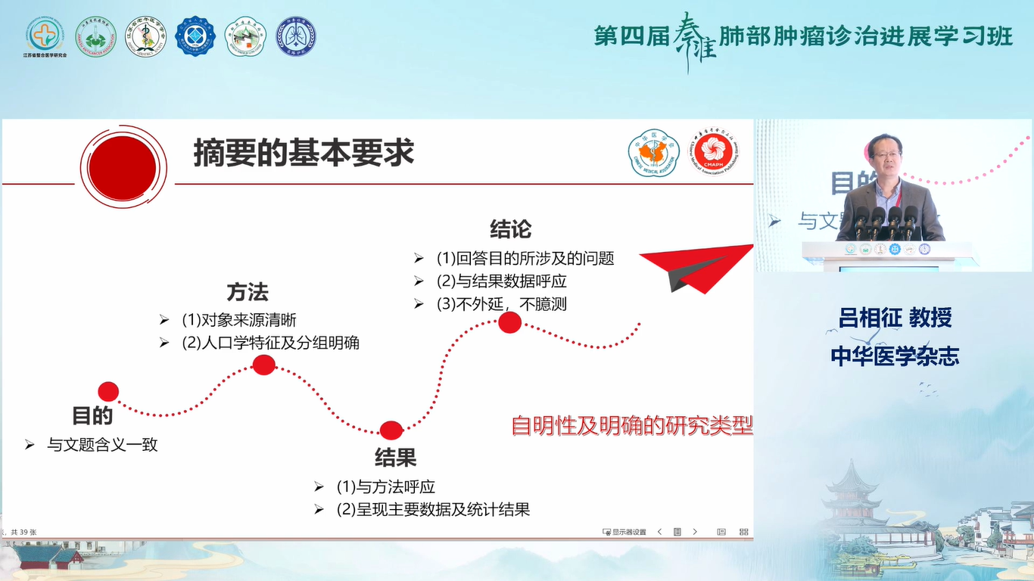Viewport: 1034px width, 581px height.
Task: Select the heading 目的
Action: (x=92, y=415)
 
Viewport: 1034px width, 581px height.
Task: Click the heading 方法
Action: (x=248, y=292)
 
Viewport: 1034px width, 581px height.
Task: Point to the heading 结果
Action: (x=395, y=457)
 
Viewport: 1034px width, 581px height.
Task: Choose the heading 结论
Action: (x=510, y=228)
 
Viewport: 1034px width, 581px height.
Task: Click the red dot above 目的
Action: (x=108, y=391)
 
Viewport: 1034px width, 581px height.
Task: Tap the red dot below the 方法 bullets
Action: (x=263, y=365)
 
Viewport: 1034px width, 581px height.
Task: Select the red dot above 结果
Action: (x=391, y=430)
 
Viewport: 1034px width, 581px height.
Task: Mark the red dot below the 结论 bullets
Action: (x=509, y=323)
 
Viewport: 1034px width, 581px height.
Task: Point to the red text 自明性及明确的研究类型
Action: (x=632, y=426)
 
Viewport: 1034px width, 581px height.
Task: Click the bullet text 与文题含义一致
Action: (x=102, y=445)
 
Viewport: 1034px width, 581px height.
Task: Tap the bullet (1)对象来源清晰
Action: (x=238, y=320)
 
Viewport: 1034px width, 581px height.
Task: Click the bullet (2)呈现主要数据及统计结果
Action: (x=433, y=509)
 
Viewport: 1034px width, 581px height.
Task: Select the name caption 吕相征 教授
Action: (x=894, y=318)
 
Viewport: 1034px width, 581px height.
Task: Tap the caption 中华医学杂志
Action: (x=894, y=356)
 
